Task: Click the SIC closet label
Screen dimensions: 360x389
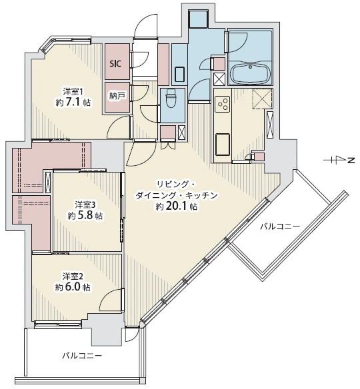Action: pyautogui.click(x=116, y=64)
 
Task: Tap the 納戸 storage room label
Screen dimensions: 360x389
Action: pyautogui.click(x=117, y=97)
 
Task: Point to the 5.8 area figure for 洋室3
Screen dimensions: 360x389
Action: pyautogui.click(x=85, y=216)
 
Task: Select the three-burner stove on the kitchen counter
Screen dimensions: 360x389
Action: pyautogui.click(x=223, y=104)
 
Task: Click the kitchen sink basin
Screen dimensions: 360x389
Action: pyautogui.click(x=223, y=145)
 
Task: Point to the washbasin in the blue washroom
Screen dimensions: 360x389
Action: pyautogui.click(x=179, y=74)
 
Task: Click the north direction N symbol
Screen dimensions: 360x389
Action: pyautogui.click(x=351, y=161)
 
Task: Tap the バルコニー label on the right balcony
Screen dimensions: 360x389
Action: pyautogui.click(x=280, y=226)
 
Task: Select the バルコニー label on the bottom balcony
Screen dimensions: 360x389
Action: pyautogui.click(x=82, y=356)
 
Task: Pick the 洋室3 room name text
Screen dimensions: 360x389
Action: pyautogui.click(x=85, y=204)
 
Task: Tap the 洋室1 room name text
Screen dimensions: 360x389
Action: pyautogui.click(x=73, y=91)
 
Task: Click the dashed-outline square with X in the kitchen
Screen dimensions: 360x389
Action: pyautogui.click(x=262, y=98)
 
